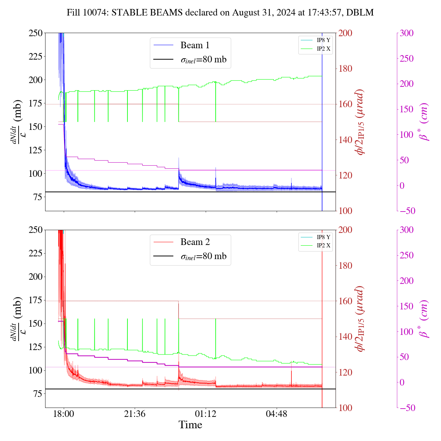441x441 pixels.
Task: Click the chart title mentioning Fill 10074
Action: (220, 13)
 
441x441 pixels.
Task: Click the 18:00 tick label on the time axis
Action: (64, 414)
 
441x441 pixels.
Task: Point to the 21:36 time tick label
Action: (135, 414)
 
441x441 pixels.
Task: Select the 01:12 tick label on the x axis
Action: (206, 414)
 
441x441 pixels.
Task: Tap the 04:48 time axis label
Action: (277, 414)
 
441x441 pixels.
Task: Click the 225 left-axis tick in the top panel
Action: (36, 56)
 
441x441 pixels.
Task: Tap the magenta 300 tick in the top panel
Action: (407, 33)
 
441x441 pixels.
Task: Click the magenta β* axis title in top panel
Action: (424, 122)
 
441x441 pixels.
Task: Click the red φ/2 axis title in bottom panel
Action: (360, 319)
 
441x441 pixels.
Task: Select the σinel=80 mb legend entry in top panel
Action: (203, 60)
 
